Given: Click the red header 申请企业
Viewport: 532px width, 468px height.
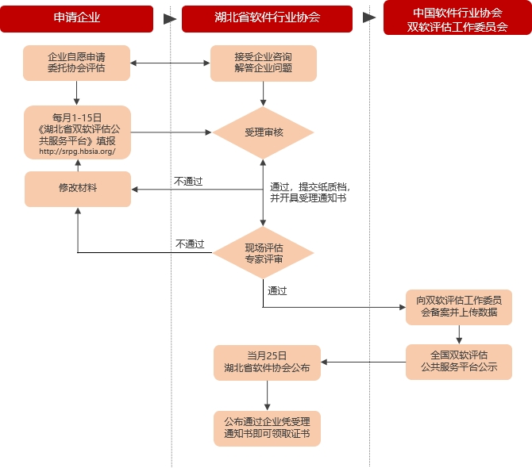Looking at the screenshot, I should [x=77, y=18].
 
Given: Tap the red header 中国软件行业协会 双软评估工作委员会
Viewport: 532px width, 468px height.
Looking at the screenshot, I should [x=457, y=18].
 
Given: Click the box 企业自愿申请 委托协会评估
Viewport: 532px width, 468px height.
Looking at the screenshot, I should [x=77, y=63].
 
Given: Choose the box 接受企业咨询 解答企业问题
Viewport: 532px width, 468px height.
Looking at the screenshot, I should [x=263, y=63].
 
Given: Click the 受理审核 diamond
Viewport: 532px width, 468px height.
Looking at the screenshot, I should [x=264, y=132].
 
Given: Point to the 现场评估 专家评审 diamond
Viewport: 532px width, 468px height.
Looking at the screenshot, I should [x=264, y=253].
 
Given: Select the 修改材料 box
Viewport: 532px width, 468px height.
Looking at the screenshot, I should [x=77, y=189].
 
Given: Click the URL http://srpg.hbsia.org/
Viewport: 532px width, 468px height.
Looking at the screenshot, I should [x=77, y=152].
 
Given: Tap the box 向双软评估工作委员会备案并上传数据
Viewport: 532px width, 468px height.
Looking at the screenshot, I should [x=459, y=306].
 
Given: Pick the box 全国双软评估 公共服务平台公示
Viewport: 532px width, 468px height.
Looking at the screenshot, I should [x=459, y=362].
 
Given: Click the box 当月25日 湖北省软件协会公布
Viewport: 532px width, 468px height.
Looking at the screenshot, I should [x=267, y=363].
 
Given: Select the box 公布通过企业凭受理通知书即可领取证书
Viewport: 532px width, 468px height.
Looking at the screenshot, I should [x=267, y=428].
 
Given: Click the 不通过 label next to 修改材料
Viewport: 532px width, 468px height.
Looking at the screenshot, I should [x=188, y=182].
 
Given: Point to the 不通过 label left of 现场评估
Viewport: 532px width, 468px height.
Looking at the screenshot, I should [x=190, y=244].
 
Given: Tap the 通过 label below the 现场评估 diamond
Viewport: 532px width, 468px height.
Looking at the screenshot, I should [x=277, y=291].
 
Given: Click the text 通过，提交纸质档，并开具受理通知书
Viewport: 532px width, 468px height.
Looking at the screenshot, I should [x=308, y=192].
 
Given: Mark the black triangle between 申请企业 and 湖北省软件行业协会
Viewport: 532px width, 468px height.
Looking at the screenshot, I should [x=168, y=18].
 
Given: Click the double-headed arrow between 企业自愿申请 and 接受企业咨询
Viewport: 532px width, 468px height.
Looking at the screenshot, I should [x=170, y=63].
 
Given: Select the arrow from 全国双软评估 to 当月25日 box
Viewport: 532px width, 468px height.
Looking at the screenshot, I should [x=363, y=363].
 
